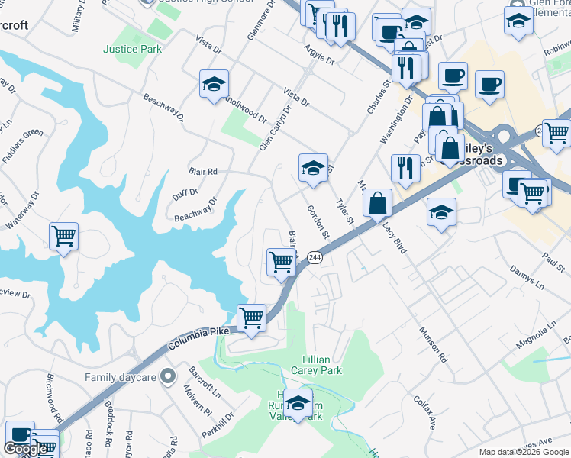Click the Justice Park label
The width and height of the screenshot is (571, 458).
point(132,49)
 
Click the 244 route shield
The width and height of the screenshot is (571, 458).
point(316,259)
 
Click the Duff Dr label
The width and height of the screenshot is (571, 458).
point(185,193)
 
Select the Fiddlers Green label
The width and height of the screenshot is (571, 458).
point(22,145)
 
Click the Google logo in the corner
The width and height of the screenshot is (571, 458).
point(25,449)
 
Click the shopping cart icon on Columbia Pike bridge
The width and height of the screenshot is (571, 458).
point(251,317)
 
